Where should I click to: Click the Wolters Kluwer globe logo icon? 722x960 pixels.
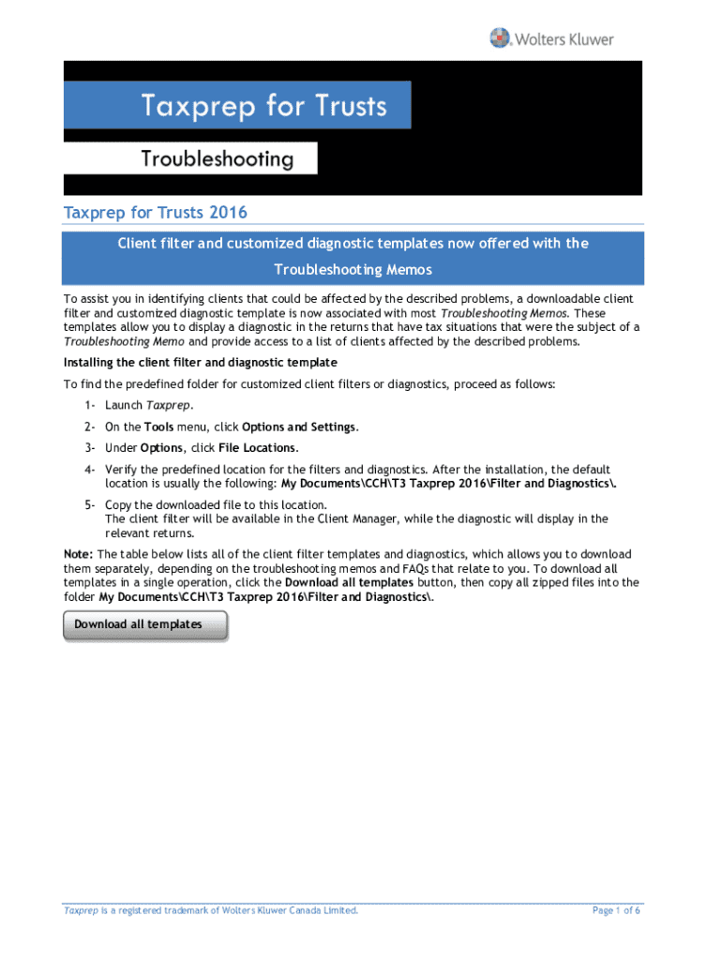point(501,39)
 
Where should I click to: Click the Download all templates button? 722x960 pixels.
point(144,624)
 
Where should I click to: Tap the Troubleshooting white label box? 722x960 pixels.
point(218,158)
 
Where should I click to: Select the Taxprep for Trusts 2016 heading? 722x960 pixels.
point(155,213)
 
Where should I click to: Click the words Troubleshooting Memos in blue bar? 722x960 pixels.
point(353,270)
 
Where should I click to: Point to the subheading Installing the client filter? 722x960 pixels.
point(200,362)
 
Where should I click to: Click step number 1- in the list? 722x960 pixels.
point(89,405)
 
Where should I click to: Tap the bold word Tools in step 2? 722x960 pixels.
point(158,427)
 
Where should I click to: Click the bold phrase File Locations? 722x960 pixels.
point(257,447)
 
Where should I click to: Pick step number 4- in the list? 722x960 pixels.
point(89,469)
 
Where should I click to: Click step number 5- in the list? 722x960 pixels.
point(89,504)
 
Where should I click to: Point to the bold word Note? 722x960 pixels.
point(78,554)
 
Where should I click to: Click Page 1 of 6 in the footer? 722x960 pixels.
point(616,910)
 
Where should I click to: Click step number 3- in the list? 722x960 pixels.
point(89,447)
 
